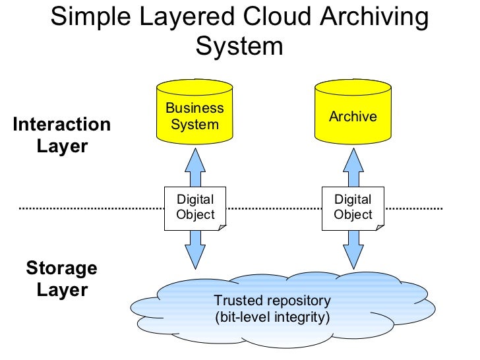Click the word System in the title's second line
[x=239, y=46]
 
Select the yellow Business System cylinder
[x=195, y=114]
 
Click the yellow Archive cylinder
[x=353, y=114]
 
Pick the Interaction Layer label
[x=62, y=135]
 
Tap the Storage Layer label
[x=62, y=279]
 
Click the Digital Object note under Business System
[x=195, y=207]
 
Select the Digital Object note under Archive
[x=353, y=207]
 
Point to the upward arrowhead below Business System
[x=195, y=158]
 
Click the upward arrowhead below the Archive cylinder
[x=353, y=158]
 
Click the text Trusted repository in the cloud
[x=272, y=301]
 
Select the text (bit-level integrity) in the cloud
[x=272, y=316]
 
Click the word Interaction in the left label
[x=62, y=125]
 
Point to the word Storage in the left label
[x=62, y=268]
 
